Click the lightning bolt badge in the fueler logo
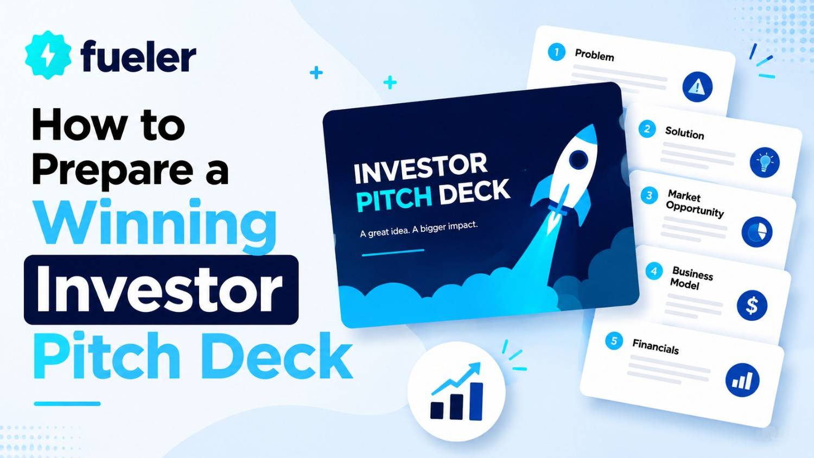tap(48, 55)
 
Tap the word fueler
tap(138, 56)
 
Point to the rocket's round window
tap(578, 158)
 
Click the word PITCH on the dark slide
tap(395, 199)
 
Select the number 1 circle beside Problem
tap(556, 52)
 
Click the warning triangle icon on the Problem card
tap(697, 87)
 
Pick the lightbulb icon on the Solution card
tap(765, 162)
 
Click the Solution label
tap(685, 133)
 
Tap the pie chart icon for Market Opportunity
tap(757, 232)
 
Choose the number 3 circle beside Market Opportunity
tap(649, 195)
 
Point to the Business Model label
tap(691, 278)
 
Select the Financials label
tap(656, 347)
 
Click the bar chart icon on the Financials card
tap(742, 380)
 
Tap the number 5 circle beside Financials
tap(614, 341)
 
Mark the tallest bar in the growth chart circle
tap(476, 402)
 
